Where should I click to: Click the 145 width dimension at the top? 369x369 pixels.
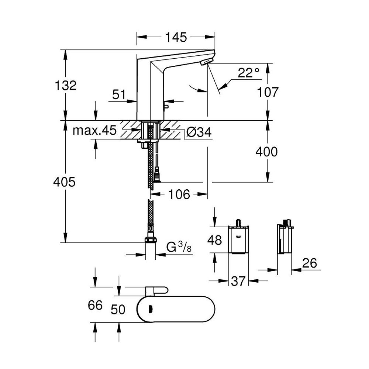[x=176, y=37]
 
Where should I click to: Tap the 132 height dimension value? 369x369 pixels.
[x=65, y=86]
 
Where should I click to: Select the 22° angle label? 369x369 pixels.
[x=248, y=73]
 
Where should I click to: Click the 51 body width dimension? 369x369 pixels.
[x=118, y=95]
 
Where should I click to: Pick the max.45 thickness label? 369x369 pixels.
[x=94, y=130]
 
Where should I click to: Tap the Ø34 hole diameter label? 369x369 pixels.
[x=199, y=132]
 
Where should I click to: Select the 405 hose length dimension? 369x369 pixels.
[x=64, y=182]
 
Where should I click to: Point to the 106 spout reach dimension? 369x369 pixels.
[x=179, y=194]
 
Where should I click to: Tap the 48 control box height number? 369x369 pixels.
[x=214, y=240]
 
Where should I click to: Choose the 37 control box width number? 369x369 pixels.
[x=238, y=281]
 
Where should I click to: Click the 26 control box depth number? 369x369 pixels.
[x=309, y=263]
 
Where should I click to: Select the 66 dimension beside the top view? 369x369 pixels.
[x=95, y=306]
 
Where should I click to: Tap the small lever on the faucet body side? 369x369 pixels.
[x=166, y=107]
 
